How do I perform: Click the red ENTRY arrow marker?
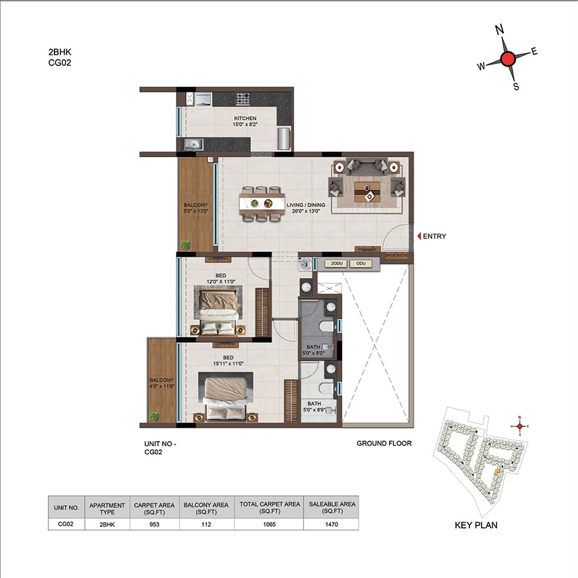pos(419,236)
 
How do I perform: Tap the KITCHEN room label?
pos(245,118)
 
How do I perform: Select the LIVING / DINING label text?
pos(306,205)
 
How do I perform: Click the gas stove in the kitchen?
pos(243,98)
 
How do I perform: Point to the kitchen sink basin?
pos(193,144)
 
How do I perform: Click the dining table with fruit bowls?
pos(262,203)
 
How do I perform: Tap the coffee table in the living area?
pos(368,192)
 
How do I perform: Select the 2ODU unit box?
pos(336,264)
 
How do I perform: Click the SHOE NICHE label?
pos(397,255)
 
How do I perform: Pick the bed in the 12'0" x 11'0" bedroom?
pos(218,312)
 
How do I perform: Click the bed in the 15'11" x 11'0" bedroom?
pos(226,396)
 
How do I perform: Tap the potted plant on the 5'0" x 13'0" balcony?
pos(185,244)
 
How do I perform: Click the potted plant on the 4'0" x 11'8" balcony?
pos(154,417)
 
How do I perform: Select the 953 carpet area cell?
pos(154,524)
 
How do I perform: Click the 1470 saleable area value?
pos(331,524)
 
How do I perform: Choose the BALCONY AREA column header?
pos(206,508)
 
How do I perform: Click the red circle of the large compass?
pos(508,58)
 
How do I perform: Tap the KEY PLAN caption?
pos(476,525)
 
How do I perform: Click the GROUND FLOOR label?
pos(384,443)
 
